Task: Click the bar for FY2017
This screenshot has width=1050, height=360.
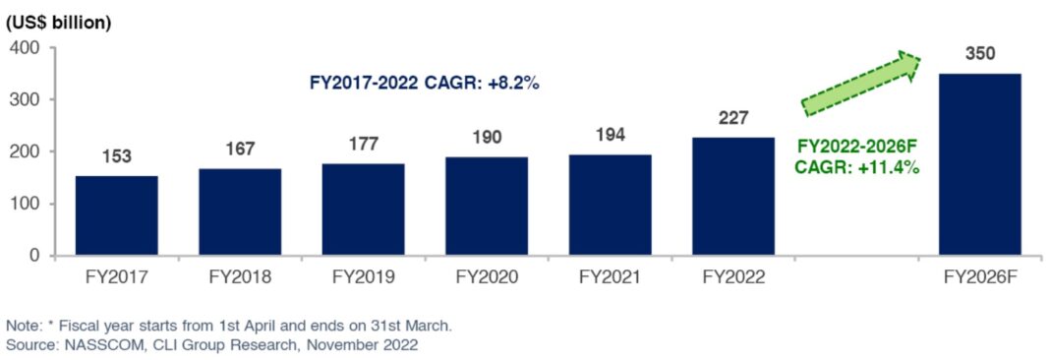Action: coord(116,215)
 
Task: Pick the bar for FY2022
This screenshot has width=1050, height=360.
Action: coord(732,196)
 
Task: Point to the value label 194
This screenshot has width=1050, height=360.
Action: coord(610,136)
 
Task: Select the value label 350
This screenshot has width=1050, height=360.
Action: coord(979,53)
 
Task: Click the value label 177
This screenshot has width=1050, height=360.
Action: coord(363,145)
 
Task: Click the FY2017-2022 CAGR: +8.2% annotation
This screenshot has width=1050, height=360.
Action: coord(425,84)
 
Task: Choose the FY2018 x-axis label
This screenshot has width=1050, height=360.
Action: coord(239,277)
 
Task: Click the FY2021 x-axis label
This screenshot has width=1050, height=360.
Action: coord(610,277)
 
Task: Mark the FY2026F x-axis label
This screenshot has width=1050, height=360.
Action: coord(979,277)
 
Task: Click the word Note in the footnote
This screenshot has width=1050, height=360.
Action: coord(22,326)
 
